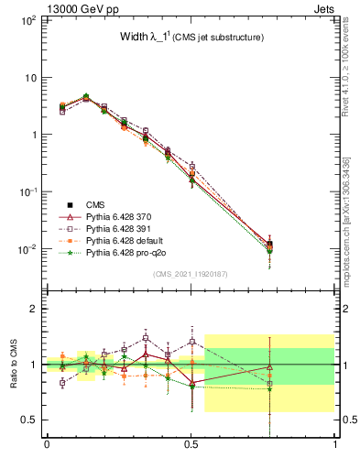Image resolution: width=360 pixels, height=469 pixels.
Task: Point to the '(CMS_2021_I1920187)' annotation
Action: point(191,274)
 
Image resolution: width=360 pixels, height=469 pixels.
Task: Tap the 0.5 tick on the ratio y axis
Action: point(32,420)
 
